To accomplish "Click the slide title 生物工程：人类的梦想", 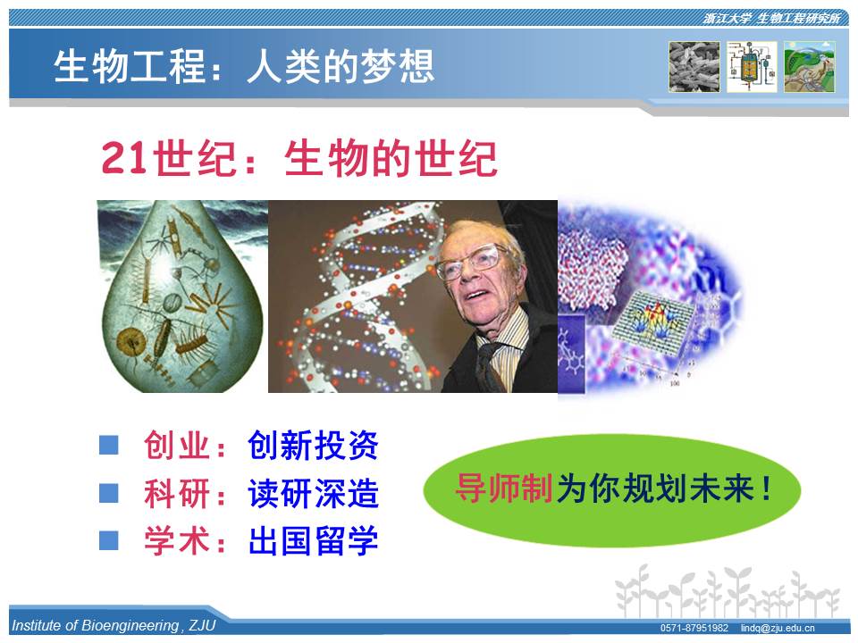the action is [x=244, y=66].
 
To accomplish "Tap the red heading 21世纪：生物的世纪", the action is [x=299, y=159].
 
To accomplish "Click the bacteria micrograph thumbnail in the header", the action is [x=694, y=67].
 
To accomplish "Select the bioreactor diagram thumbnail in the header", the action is [x=752, y=67].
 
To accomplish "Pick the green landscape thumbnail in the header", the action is [x=810, y=67].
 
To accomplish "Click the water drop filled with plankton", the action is [x=181, y=298].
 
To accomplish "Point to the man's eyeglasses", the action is [x=472, y=262].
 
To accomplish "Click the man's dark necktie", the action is [x=489, y=366].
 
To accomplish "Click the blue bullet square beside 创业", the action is [x=109, y=445].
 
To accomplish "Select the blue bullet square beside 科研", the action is [x=109, y=493].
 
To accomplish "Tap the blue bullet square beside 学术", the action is [x=109, y=541].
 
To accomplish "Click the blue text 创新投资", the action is [x=313, y=445].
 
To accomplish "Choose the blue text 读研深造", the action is [x=313, y=493].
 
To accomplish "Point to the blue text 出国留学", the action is [x=313, y=541].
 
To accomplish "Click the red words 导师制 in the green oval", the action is [x=504, y=488].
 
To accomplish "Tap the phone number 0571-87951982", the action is [x=694, y=628].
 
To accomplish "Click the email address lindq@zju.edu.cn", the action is [x=778, y=628].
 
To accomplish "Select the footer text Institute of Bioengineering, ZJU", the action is [x=114, y=625].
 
